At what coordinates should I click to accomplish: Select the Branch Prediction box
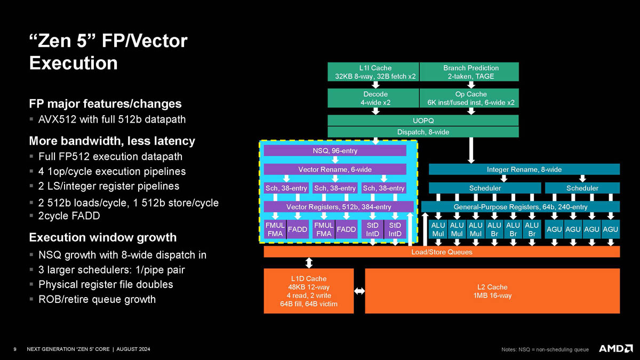point(470,72)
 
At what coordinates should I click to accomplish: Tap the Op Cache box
point(470,98)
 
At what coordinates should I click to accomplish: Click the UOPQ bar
point(422,120)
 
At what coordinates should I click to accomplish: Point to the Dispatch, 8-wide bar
point(422,132)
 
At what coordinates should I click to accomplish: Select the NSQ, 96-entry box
point(335,151)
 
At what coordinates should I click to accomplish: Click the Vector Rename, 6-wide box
point(335,170)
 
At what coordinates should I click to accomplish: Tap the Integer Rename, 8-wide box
point(524,170)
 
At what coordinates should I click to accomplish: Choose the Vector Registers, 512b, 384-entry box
point(339,206)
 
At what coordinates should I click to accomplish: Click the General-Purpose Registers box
point(520,206)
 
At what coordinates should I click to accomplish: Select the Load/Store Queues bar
point(442,252)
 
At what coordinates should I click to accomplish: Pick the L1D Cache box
point(308,291)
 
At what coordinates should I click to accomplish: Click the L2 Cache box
point(492,291)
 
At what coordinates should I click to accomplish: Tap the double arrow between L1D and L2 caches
point(359,291)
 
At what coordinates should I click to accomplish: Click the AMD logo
point(615,349)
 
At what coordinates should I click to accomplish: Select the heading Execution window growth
point(102,237)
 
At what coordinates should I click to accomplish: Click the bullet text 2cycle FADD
point(70,216)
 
